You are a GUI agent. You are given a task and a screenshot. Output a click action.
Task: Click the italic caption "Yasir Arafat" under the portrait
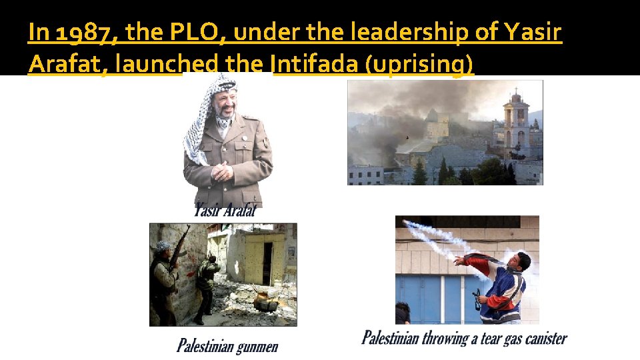coord(225,211)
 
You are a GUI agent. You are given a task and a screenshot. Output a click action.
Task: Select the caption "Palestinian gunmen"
coord(227,345)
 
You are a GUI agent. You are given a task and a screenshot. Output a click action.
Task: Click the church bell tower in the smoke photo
coord(515,123)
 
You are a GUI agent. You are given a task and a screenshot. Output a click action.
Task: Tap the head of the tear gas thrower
coord(523,261)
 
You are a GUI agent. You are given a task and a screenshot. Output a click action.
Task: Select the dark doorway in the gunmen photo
coord(267,263)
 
